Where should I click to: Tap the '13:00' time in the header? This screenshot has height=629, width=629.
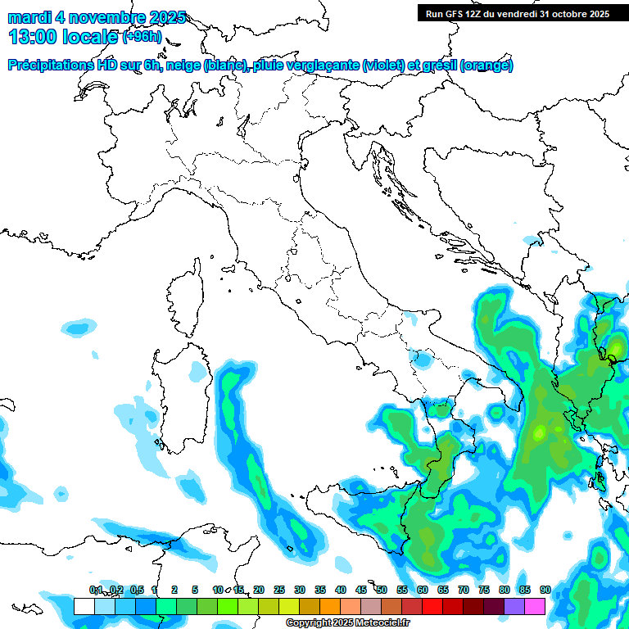(32, 37)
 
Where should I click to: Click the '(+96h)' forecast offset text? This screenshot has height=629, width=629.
(141, 37)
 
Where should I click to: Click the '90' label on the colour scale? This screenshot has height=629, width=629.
(545, 590)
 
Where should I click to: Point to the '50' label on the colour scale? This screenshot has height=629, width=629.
(382, 590)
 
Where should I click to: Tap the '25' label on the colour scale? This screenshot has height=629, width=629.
(279, 590)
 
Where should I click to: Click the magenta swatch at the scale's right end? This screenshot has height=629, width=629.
(535, 606)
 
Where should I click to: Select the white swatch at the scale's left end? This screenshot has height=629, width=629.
(84, 606)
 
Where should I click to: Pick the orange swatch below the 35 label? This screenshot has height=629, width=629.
(330, 606)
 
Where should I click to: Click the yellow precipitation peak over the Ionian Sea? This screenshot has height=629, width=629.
(539, 432)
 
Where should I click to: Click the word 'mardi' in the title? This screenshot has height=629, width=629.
(26, 17)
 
